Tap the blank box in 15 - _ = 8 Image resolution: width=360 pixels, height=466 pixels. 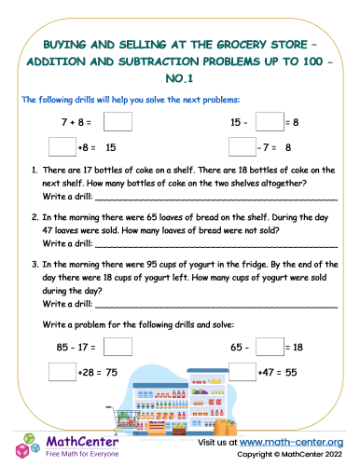pyautogui.click(x=269, y=121)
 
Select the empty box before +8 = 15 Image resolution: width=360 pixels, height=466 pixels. pyautogui.click(x=61, y=146)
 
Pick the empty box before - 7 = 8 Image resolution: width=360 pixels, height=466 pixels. pyautogui.click(x=242, y=146)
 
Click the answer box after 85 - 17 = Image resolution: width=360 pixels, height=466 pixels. pyautogui.click(x=118, y=348)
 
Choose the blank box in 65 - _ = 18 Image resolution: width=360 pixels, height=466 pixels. pyautogui.click(x=269, y=348)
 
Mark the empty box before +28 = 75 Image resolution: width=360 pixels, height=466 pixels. pyautogui.click(x=61, y=372)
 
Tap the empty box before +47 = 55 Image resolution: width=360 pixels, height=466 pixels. pyautogui.click(x=242, y=372)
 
